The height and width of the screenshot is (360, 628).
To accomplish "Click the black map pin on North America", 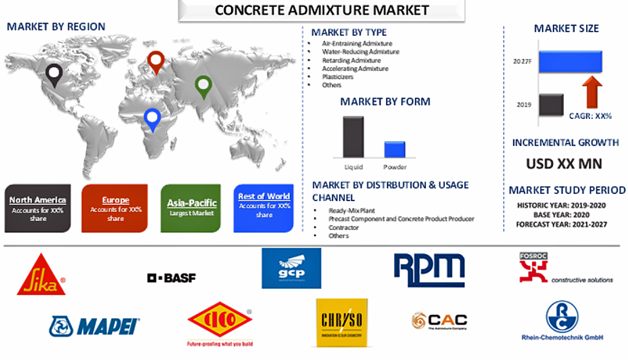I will pyautogui.click(x=54, y=75).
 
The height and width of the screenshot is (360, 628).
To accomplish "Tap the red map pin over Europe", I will pyautogui.click(x=156, y=61).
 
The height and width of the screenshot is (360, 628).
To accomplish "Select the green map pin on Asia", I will pyautogui.click(x=203, y=86).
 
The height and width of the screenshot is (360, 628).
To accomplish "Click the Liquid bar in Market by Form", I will pyautogui.click(x=353, y=136).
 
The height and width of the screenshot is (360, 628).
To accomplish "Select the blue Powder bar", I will pyautogui.click(x=394, y=149).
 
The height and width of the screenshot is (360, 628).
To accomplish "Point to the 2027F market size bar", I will pyautogui.click(x=570, y=62).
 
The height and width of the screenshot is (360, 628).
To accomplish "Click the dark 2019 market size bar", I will pyautogui.click(x=551, y=105).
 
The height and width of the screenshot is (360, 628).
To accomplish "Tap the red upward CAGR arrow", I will pyautogui.click(x=592, y=92).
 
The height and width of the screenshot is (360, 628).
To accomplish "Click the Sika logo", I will pyautogui.click(x=41, y=275).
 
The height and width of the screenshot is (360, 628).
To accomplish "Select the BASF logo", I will pyautogui.click(x=171, y=278).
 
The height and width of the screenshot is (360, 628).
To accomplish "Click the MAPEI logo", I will pyautogui.click(x=95, y=326).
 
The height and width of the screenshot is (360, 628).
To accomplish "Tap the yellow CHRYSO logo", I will pyautogui.click(x=342, y=322).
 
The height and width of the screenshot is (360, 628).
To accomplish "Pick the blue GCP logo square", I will pyautogui.click(x=291, y=268).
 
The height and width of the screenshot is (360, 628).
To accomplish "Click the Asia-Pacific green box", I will pyautogui.click(x=191, y=208).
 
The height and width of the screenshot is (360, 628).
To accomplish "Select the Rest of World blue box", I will pyautogui.click(x=264, y=208).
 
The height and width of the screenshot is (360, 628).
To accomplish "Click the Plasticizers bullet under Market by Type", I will pyautogui.click(x=337, y=77).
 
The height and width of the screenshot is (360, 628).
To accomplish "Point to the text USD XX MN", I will pyautogui.click(x=564, y=163).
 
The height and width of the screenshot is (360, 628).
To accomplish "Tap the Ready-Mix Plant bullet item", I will pyautogui.click(x=352, y=211).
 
